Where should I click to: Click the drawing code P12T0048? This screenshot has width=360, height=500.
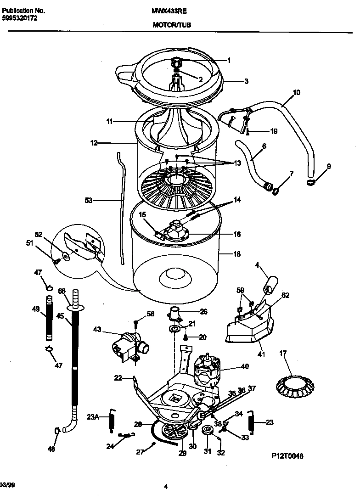click(287, 456)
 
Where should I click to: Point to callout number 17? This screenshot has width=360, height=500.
click(283, 354)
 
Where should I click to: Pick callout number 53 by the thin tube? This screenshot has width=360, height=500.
click(89, 200)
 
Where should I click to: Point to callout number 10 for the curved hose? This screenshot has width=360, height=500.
click(296, 92)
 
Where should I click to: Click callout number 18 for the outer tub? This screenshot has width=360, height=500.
click(237, 254)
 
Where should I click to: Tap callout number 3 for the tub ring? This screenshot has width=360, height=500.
click(246, 81)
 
